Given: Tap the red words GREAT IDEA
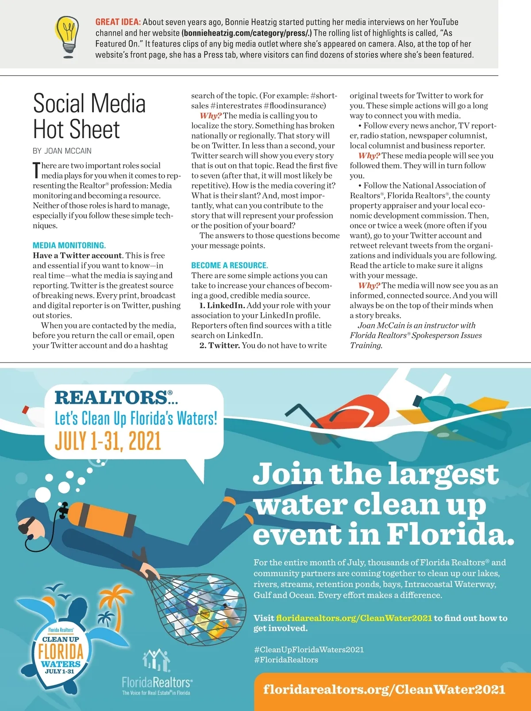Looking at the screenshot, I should click(118, 22).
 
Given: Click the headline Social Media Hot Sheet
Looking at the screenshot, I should click(89, 116).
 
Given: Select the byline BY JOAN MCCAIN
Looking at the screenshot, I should click(62, 151).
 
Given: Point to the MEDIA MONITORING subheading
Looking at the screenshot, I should click(69, 245).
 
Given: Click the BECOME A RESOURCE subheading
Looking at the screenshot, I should click(229, 265).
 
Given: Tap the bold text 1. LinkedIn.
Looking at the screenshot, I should click(222, 305).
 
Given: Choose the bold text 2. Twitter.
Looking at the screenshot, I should click(219, 345).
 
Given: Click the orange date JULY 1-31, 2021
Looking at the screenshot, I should click(108, 441).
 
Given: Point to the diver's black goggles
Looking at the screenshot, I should click(26, 525).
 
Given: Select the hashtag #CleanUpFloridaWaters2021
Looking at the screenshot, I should click(308, 649).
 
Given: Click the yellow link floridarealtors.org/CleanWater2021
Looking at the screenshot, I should click(354, 618).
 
